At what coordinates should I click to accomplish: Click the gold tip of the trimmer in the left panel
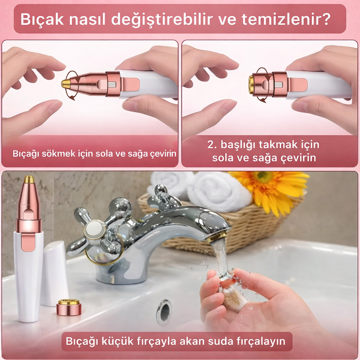pyautogui.click(x=66, y=84)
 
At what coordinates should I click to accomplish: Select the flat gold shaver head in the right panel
pyautogui.click(x=251, y=84)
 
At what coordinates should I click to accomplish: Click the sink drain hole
pyautogui.click(x=164, y=311)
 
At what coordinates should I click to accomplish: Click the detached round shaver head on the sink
pyautogui.click(x=69, y=307)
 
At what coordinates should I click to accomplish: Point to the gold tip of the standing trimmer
pyautogui.click(x=29, y=180)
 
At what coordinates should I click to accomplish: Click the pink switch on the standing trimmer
pyautogui.click(x=28, y=243)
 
